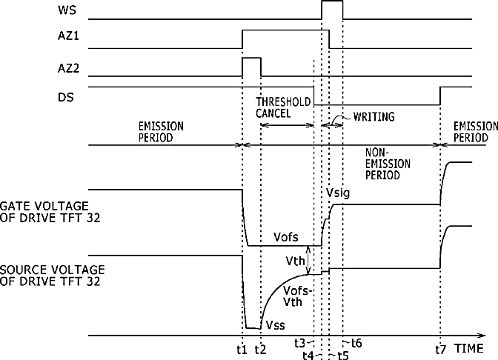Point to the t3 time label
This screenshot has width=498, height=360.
[x=299, y=342]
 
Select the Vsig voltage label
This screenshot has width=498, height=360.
[x=337, y=193]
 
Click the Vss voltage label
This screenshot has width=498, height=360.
[x=276, y=324]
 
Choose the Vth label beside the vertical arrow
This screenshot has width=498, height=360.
[x=295, y=261]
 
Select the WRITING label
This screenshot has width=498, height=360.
[x=373, y=116]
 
